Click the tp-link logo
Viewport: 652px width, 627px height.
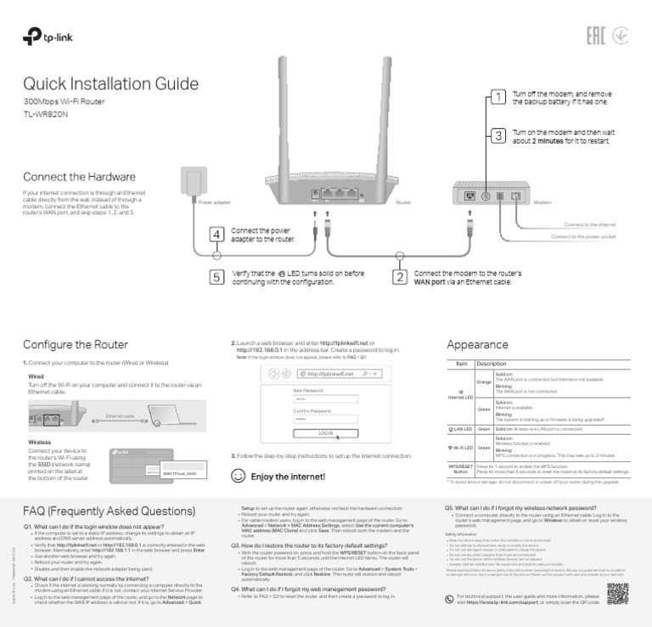tap(48, 38)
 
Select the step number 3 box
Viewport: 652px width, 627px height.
tap(498, 135)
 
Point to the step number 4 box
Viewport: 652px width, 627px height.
tap(217, 234)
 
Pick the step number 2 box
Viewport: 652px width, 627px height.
tap(399, 277)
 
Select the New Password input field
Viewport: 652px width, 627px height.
tap(325, 398)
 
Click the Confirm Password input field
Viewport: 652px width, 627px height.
tap(325, 419)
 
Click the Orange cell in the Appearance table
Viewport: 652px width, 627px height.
tap(484, 382)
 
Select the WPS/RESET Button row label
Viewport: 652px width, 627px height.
tap(459, 469)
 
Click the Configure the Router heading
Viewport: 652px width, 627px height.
tap(76, 345)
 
